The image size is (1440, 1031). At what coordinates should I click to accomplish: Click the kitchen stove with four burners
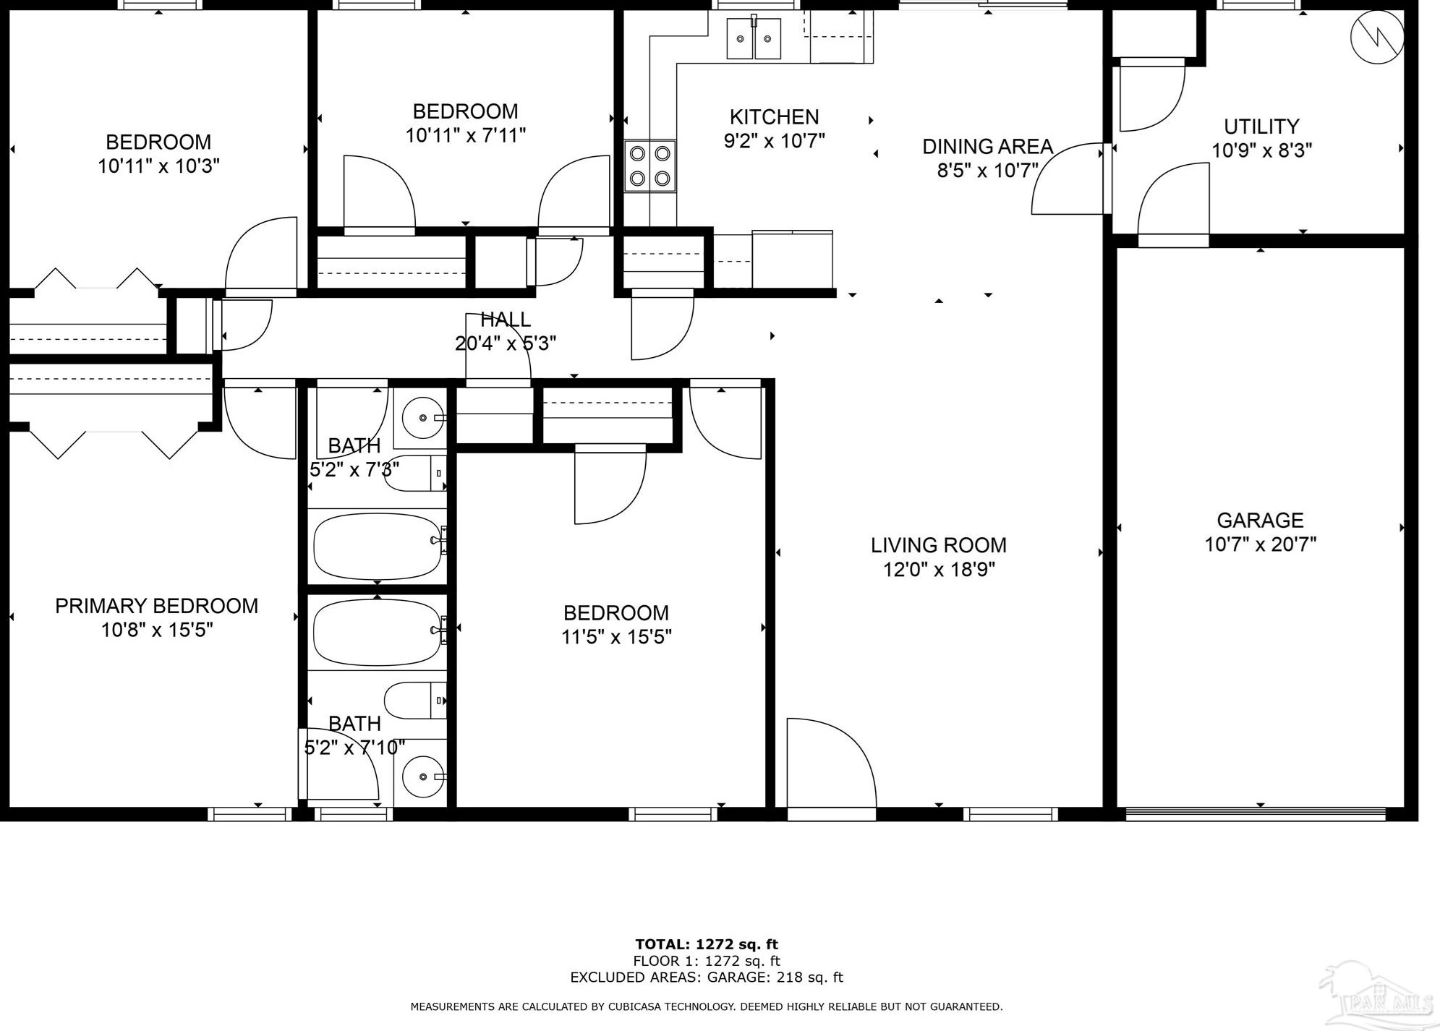(x=649, y=166)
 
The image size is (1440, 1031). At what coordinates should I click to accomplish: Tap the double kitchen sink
(x=754, y=38)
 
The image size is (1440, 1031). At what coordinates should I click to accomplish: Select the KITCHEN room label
(x=774, y=116)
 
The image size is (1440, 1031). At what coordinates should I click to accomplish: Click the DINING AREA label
(x=987, y=147)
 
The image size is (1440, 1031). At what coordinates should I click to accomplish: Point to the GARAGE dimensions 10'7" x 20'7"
(x=1260, y=544)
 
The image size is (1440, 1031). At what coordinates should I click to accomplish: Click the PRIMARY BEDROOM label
(x=156, y=606)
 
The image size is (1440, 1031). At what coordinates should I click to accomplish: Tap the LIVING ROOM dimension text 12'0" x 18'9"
(x=939, y=570)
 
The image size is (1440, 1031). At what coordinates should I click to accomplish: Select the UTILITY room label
(x=1261, y=127)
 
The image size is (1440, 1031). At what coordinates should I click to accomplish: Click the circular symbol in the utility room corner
(x=1377, y=37)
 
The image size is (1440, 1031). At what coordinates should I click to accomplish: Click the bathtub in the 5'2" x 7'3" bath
(x=377, y=546)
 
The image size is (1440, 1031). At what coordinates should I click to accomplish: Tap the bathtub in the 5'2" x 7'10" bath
(x=377, y=633)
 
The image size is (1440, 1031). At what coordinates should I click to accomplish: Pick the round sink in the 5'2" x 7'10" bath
(x=422, y=777)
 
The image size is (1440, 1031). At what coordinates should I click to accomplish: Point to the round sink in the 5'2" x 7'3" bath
(x=422, y=417)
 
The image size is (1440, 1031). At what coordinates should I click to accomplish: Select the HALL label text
(x=505, y=319)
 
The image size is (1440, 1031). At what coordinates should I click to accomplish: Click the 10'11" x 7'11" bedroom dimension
(x=465, y=135)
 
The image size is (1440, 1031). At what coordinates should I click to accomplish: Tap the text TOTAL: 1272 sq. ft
(x=706, y=944)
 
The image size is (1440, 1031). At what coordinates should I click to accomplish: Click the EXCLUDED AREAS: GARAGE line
(x=706, y=977)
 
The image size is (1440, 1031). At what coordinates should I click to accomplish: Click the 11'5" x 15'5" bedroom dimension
(x=616, y=637)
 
